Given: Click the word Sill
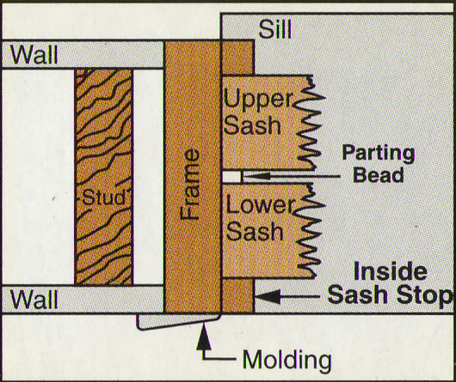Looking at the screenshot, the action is click(x=274, y=29).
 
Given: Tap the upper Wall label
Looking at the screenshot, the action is click(x=34, y=55).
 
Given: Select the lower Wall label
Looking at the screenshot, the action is click(x=34, y=300).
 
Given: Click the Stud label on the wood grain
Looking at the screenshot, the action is click(x=104, y=197).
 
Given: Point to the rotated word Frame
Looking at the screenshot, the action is click(x=189, y=185).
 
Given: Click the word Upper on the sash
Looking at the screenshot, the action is click(x=258, y=100).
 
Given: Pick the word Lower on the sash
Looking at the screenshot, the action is click(x=261, y=205).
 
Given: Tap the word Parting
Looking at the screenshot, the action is click(x=378, y=154).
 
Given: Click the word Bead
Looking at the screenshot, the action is click(x=378, y=174).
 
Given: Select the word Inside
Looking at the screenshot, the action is click(x=391, y=271).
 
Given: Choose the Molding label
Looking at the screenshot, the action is click(x=287, y=361).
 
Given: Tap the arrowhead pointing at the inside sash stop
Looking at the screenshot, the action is click(x=268, y=297).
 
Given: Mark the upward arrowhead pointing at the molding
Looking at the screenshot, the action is click(x=204, y=337).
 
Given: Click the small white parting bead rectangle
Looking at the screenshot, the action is click(x=231, y=177).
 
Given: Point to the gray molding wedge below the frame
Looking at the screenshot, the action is click(x=177, y=321).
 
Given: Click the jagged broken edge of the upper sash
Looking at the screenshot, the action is click(x=310, y=123).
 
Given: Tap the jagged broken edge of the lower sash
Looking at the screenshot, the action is click(x=310, y=231).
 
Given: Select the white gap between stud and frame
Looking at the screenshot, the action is click(x=148, y=177).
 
